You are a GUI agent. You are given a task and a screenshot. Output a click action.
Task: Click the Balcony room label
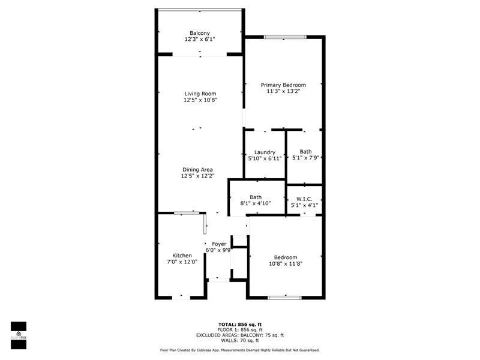point(200,33)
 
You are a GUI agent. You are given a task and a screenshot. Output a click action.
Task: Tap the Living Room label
point(200,94)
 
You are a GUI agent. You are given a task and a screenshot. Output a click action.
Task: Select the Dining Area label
point(197,170)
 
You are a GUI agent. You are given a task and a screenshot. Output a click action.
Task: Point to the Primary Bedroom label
point(283,85)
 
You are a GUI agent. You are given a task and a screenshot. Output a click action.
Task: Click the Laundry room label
point(265,152)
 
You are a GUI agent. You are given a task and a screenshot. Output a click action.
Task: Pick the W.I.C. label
point(304,199)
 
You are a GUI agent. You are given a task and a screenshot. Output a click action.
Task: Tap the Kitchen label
point(182,256)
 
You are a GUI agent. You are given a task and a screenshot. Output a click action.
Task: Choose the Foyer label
point(219,244)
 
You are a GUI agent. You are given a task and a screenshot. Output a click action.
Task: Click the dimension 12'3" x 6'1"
point(200,40)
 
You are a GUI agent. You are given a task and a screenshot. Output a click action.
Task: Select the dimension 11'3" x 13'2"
point(283,92)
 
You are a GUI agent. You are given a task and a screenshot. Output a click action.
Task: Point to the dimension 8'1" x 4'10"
point(256,203)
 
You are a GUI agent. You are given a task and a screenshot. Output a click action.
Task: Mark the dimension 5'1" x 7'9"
point(305,158)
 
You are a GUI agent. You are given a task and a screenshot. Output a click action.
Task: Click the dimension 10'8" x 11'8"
point(285,263)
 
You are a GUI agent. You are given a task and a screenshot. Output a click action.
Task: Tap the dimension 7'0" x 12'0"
point(182,262)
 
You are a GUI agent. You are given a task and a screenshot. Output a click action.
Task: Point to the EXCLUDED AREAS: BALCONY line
point(239,335)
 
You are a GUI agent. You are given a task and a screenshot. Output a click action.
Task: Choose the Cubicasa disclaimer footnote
point(239,350)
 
